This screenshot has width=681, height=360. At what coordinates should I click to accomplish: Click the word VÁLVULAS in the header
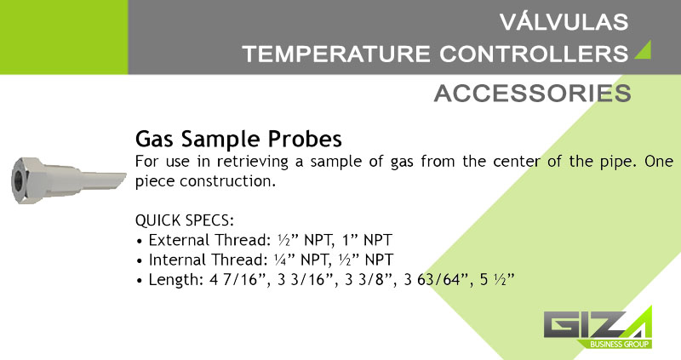(x=564, y=22)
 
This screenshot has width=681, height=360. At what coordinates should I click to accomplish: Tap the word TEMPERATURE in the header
(x=336, y=54)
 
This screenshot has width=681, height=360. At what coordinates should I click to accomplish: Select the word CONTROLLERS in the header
(x=534, y=54)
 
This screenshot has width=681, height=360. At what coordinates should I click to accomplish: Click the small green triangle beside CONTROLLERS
(x=644, y=50)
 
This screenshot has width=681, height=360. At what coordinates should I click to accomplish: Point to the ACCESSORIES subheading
(x=533, y=94)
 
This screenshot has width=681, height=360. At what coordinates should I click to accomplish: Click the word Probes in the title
(x=305, y=140)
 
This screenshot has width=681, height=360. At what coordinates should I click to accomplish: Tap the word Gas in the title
(x=154, y=139)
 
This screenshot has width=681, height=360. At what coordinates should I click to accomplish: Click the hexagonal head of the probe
(x=27, y=180)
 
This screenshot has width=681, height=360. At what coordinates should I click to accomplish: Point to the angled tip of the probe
(x=117, y=180)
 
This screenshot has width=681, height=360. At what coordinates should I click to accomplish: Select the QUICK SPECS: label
(x=185, y=220)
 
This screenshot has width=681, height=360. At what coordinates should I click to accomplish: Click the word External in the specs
(x=179, y=240)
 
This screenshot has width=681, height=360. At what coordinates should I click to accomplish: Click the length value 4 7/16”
(x=238, y=280)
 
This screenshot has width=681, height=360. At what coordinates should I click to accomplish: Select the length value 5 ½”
(x=497, y=280)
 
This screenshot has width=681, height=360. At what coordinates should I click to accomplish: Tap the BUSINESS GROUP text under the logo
(x=620, y=345)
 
